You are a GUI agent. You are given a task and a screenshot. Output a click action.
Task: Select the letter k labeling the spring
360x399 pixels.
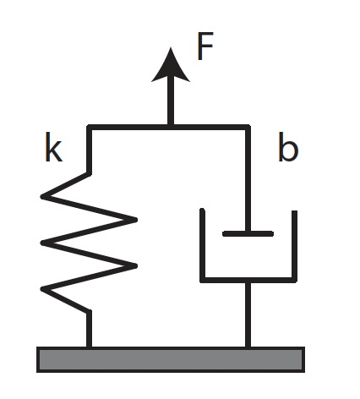tap(52, 150)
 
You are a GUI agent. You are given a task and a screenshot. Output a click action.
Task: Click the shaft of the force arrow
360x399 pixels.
tap(172, 101)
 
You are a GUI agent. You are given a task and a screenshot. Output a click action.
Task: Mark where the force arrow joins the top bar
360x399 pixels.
tap(172, 127)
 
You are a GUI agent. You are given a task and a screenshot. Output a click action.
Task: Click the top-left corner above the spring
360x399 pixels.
tap(90, 128)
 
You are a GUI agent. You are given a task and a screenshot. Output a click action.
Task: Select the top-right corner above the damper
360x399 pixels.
tap(248, 128)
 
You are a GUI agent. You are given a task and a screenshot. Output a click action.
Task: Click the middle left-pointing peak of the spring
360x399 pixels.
tap(45, 243)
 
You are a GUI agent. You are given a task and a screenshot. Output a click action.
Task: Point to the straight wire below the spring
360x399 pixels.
tap(90, 330)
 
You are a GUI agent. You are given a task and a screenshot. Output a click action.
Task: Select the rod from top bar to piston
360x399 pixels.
tap(248, 178)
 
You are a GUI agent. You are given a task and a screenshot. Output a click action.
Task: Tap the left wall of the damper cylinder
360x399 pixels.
tap(202, 245)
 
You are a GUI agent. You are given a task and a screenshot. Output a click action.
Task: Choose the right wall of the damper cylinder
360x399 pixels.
tap(294, 245)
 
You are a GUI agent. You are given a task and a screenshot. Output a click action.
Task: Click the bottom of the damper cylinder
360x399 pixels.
tap(248, 279)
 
